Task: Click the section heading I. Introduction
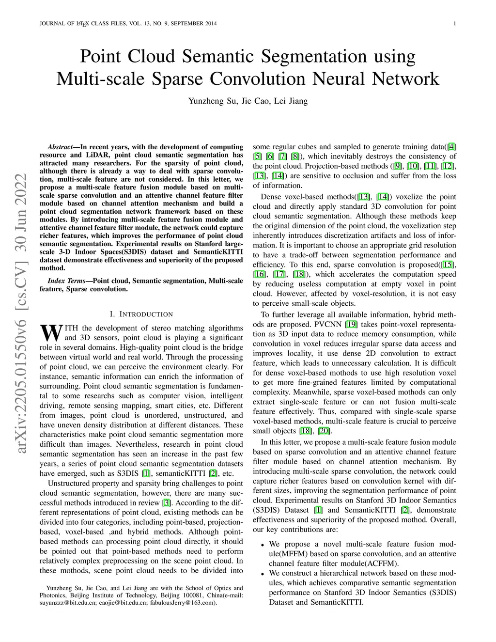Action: pyautogui.click(x=141, y=314)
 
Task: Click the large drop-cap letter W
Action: pyautogui.click(x=50, y=332)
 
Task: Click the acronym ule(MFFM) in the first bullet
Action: pyautogui.click(x=289, y=554)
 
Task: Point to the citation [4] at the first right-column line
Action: pyautogui.click(x=451, y=147)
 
